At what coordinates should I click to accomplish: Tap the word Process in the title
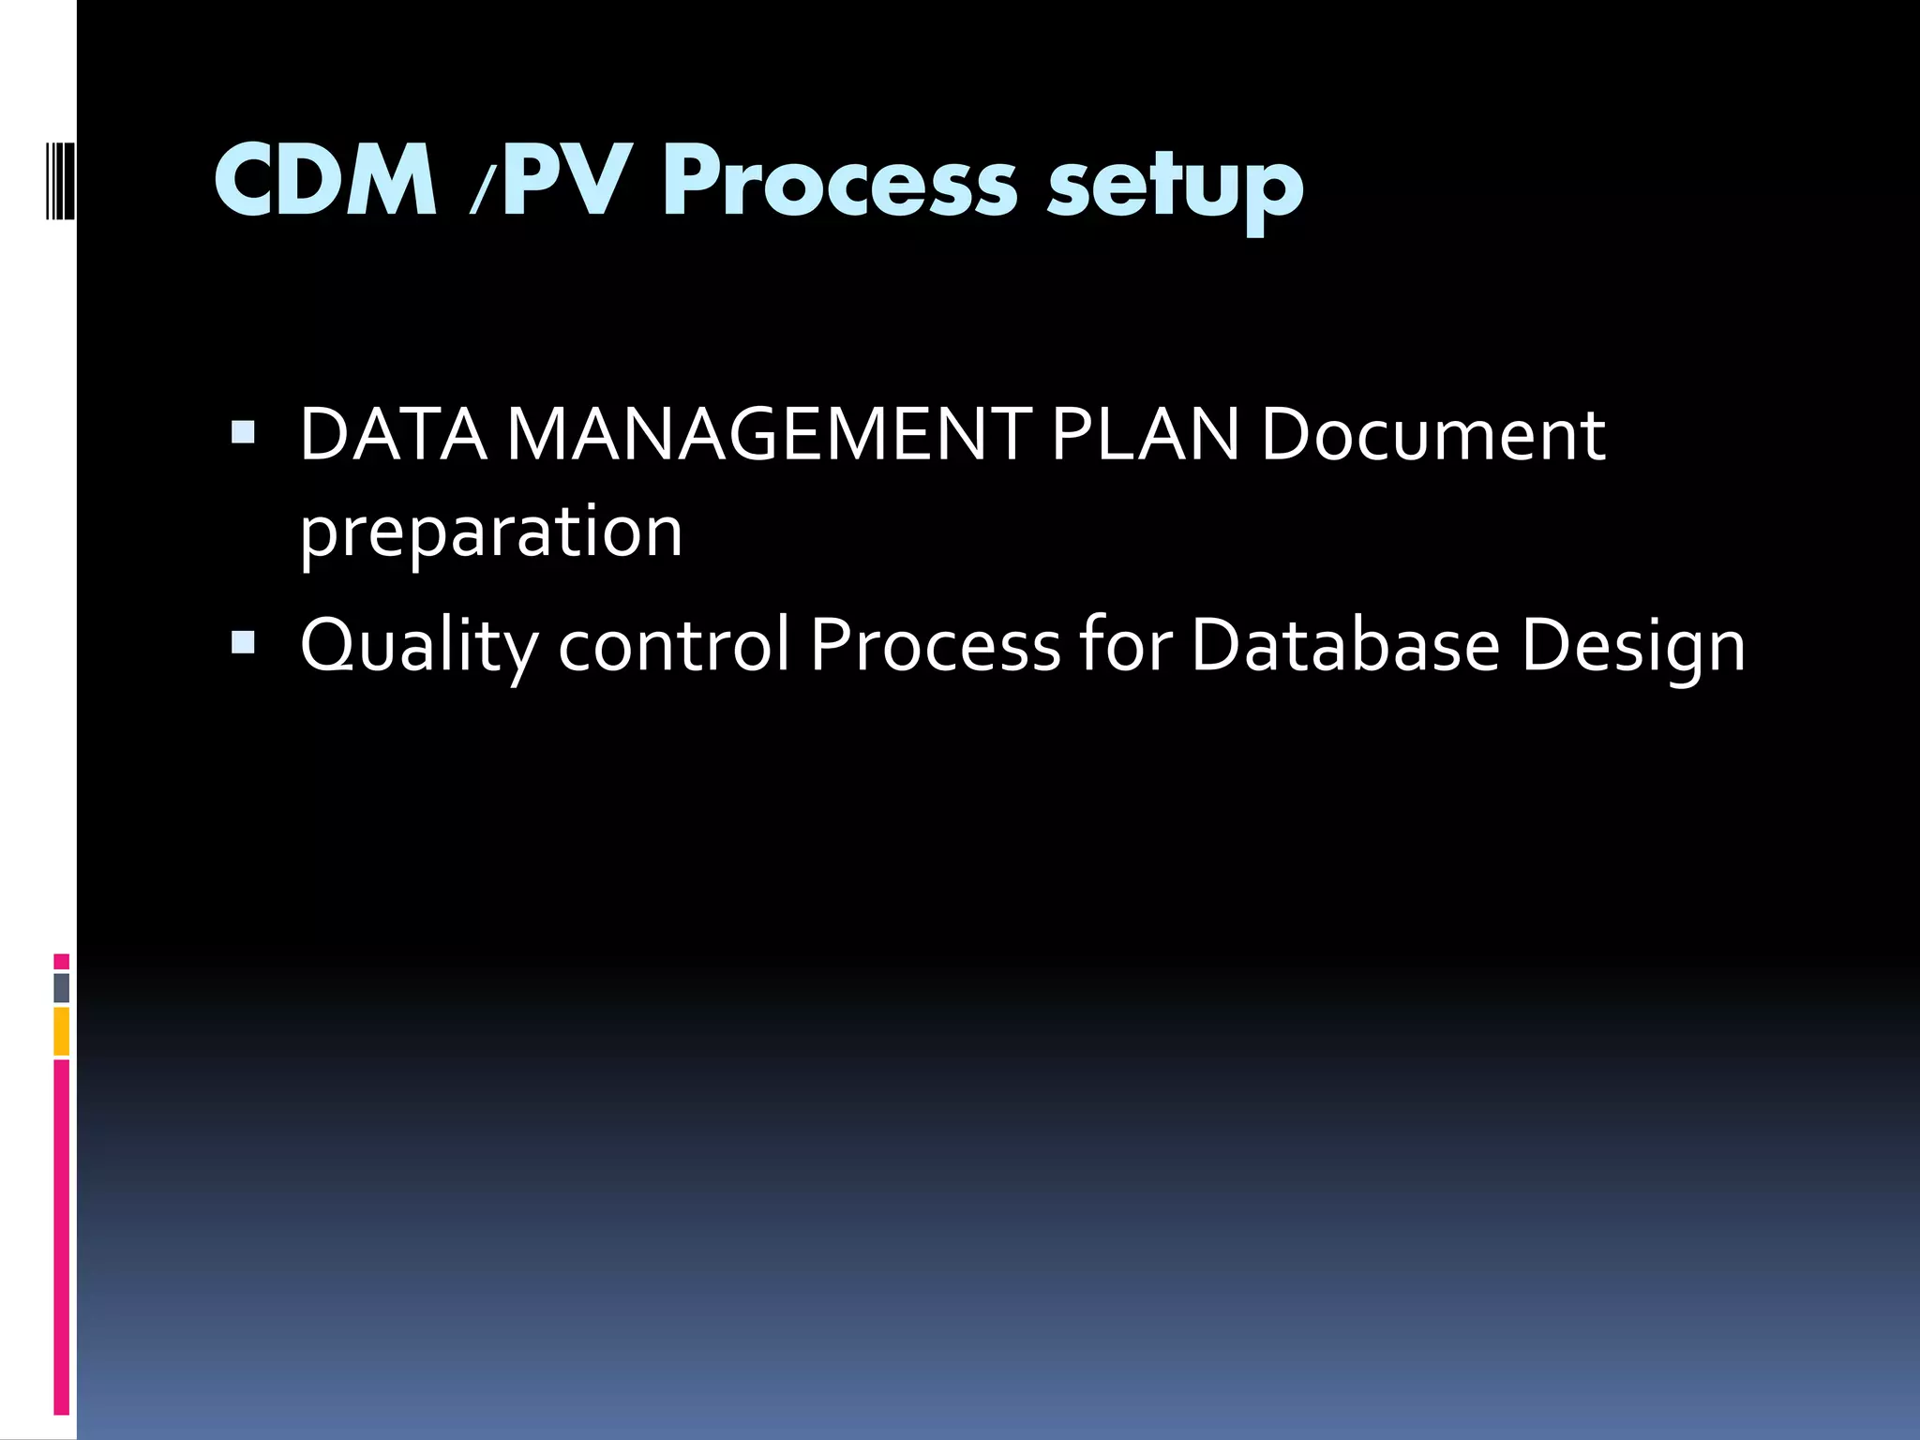839,181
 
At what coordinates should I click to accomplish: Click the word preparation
491,532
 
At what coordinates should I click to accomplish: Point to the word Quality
419,646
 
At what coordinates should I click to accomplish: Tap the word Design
1633,646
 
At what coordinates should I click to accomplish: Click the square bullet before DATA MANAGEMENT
243,431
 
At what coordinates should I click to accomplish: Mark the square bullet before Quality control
243,641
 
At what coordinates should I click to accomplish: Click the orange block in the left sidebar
61,1031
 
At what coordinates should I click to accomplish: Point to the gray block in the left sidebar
61,987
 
